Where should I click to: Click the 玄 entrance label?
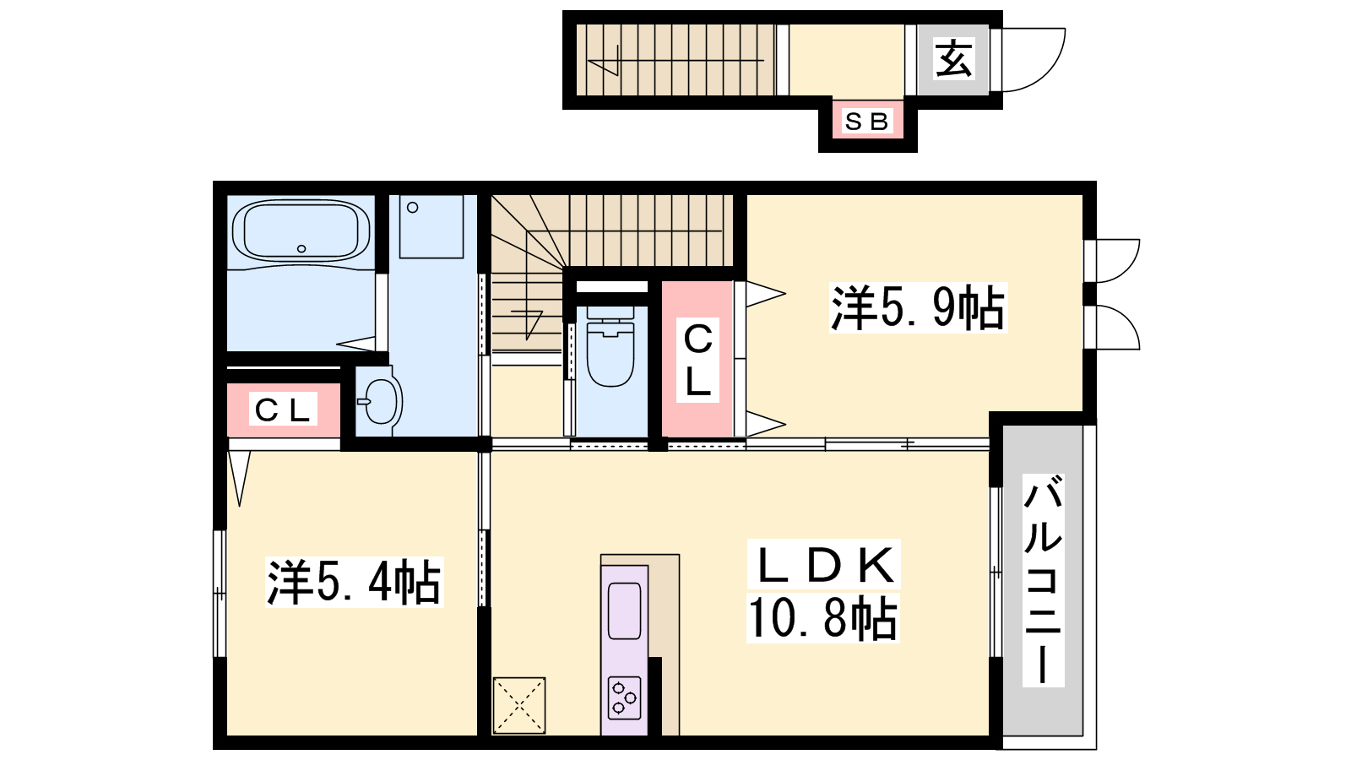(953, 58)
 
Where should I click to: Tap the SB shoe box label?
(866, 122)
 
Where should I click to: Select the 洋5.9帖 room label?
(918, 308)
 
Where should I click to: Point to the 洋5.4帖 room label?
(354, 582)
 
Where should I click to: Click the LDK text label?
(823, 564)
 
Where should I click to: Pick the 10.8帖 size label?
(822, 617)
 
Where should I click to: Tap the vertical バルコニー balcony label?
(1043, 580)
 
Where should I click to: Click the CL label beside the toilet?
(697, 360)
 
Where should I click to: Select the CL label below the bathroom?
(283, 410)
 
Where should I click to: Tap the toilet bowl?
(610, 347)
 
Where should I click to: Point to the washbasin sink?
(379, 401)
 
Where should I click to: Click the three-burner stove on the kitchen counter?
(624, 698)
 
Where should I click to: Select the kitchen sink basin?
(624, 611)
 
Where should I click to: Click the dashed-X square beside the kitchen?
(518, 705)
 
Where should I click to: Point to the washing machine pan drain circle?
(413, 208)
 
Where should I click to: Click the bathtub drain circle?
(301, 248)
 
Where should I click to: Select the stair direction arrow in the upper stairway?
(675, 61)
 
